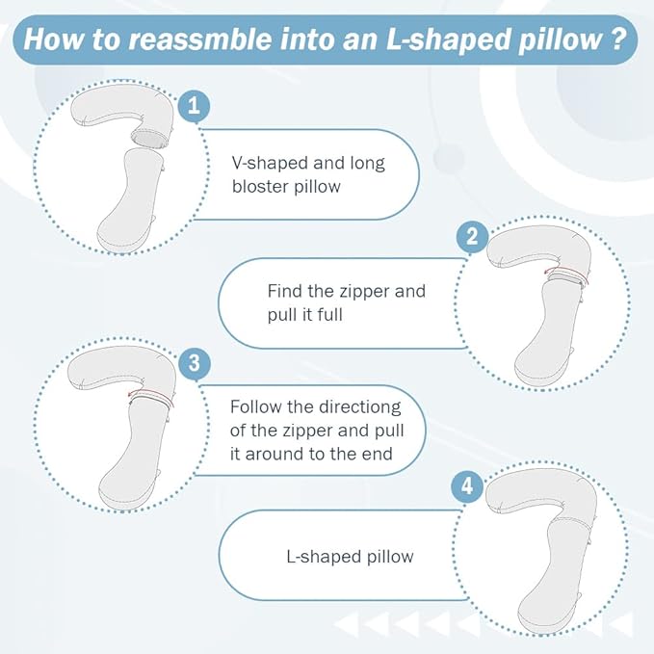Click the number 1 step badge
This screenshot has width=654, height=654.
(194, 106)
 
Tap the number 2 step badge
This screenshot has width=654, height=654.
(471, 236)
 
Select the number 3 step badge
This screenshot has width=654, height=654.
(195, 364)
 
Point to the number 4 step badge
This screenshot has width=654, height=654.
(467, 487)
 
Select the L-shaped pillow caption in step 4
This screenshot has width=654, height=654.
(350, 557)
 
